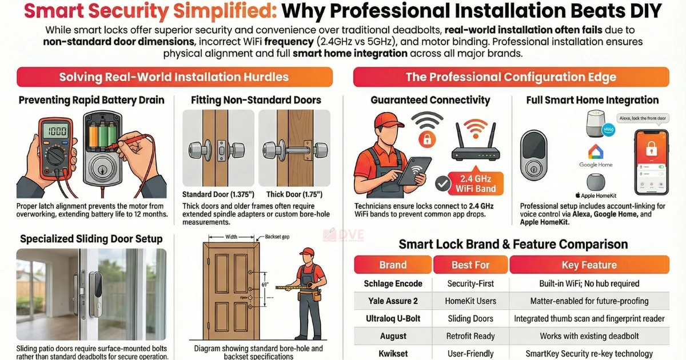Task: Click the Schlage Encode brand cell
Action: [393, 283]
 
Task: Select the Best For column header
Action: [470, 265]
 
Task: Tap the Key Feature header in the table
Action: [589, 265]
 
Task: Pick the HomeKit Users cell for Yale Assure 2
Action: [470, 301]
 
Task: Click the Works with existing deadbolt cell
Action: [589, 336]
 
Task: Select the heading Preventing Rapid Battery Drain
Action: [91, 100]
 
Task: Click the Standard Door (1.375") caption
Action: [218, 194]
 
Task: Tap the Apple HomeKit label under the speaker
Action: [595, 195]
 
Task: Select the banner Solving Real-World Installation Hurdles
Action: [174, 77]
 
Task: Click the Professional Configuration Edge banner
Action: [510, 77]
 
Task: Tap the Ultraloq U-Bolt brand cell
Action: [393, 318]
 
